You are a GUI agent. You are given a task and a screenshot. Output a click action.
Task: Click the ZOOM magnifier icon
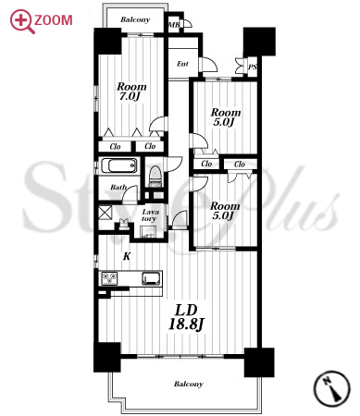pyautogui.click(x=21, y=21)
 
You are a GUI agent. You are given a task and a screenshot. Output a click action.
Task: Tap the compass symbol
pyautogui.click(x=332, y=388)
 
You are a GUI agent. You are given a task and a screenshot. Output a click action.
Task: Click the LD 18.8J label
pyautogui.click(x=186, y=317)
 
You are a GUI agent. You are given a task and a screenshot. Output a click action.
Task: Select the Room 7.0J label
pyautogui.click(x=131, y=92)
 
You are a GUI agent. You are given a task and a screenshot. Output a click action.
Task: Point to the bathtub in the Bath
pyautogui.click(x=118, y=165)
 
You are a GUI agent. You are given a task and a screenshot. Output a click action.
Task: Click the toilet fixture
pyautogui.click(x=155, y=176)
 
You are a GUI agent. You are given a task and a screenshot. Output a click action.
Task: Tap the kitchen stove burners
pyautogui.click(x=109, y=278)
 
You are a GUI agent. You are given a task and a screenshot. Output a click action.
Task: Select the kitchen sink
pyautogui.click(x=152, y=278)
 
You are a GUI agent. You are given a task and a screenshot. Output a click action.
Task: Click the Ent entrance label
pyautogui.click(x=182, y=64)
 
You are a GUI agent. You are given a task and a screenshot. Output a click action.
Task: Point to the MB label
pyautogui.click(x=174, y=25)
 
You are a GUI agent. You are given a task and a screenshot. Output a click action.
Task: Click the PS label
pyautogui.click(x=253, y=67)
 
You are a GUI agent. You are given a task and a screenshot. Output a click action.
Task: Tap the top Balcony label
pyautogui.click(x=135, y=19)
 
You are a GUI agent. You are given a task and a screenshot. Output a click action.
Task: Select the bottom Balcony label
pyautogui.click(x=189, y=384)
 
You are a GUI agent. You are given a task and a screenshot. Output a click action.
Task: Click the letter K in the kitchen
pyautogui.click(x=127, y=256)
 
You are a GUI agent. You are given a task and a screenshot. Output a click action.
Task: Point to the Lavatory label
pyautogui.click(x=150, y=215)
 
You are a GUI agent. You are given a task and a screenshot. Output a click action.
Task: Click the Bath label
pyautogui.click(x=118, y=187)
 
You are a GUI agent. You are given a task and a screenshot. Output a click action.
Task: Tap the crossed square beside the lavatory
pyautogui.click(x=106, y=213)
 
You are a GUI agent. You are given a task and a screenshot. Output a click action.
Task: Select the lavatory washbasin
pyautogui.click(x=148, y=232)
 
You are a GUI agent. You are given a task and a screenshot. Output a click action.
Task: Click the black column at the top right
pyautogui.click(x=259, y=42)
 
